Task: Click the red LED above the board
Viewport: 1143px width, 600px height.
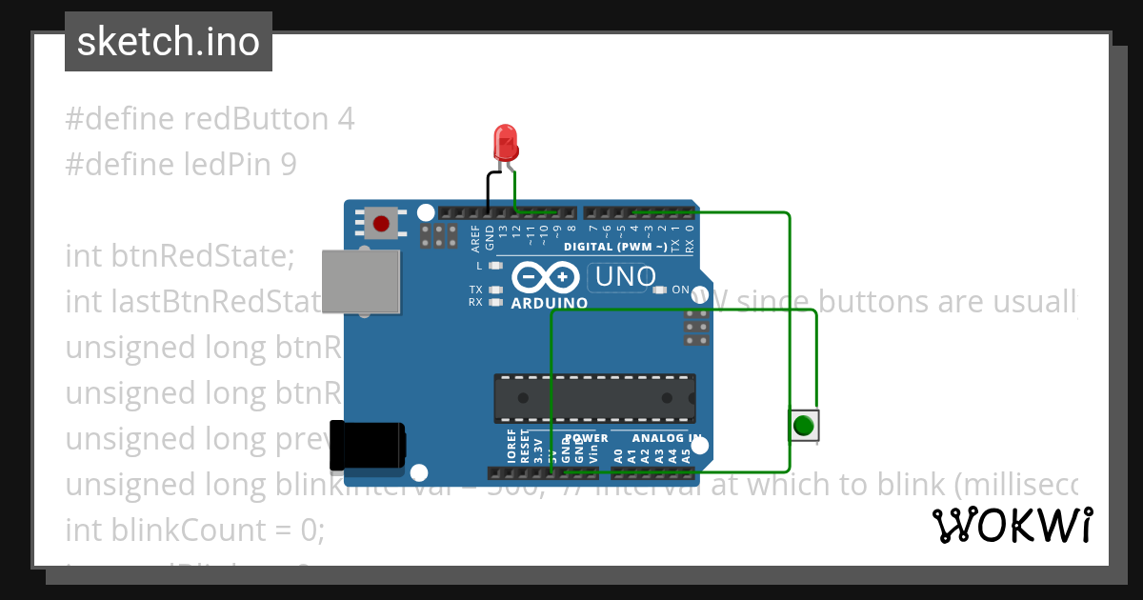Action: (x=505, y=144)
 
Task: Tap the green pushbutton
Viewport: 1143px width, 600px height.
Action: (x=804, y=424)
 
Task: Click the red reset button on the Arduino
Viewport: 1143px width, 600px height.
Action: (x=381, y=225)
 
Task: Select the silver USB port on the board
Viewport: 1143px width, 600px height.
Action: (x=361, y=281)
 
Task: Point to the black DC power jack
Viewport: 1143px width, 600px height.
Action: (x=366, y=446)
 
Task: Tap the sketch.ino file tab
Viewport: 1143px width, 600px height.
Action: (x=168, y=42)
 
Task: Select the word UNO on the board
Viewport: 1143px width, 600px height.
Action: (x=626, y=277)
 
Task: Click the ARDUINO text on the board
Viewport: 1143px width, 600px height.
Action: (x=550, y=304)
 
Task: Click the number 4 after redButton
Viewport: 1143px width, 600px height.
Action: (x=346, y=119)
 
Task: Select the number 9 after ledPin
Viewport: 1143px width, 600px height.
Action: (x=288, y=165)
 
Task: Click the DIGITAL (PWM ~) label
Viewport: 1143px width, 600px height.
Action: (x=614, y=247)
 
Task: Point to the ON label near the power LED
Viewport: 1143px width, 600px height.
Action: (x=681, y=290)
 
